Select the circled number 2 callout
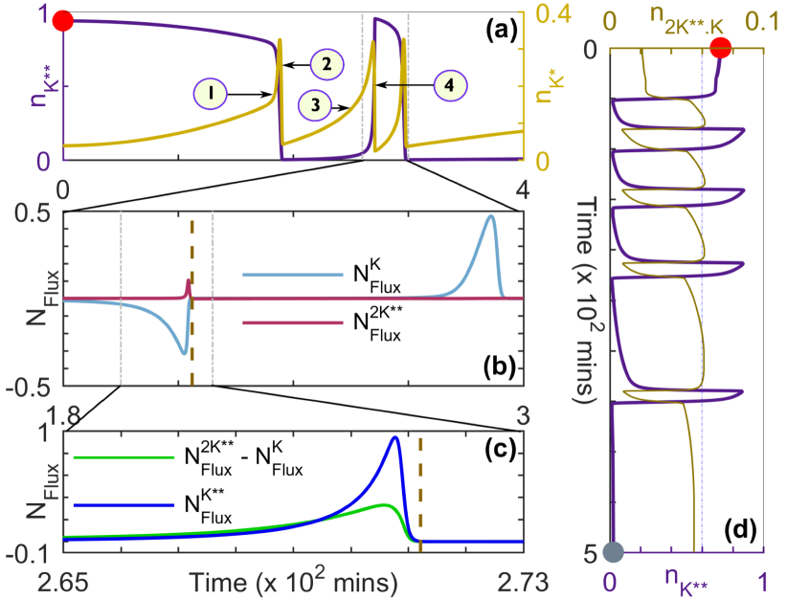(x=326, y=64)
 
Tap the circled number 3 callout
(x=315, y=103)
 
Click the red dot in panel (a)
(x=64, y=19)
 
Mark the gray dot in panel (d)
(x=613, y=552)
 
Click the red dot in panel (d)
(x=722, y=46)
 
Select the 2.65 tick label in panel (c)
(x=64, y=581)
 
